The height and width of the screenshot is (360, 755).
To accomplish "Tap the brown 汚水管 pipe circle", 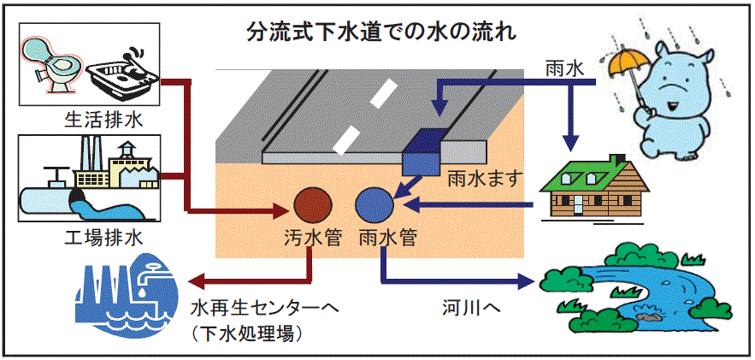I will coord(313,205).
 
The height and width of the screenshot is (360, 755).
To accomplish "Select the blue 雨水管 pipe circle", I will coord(375,205).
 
